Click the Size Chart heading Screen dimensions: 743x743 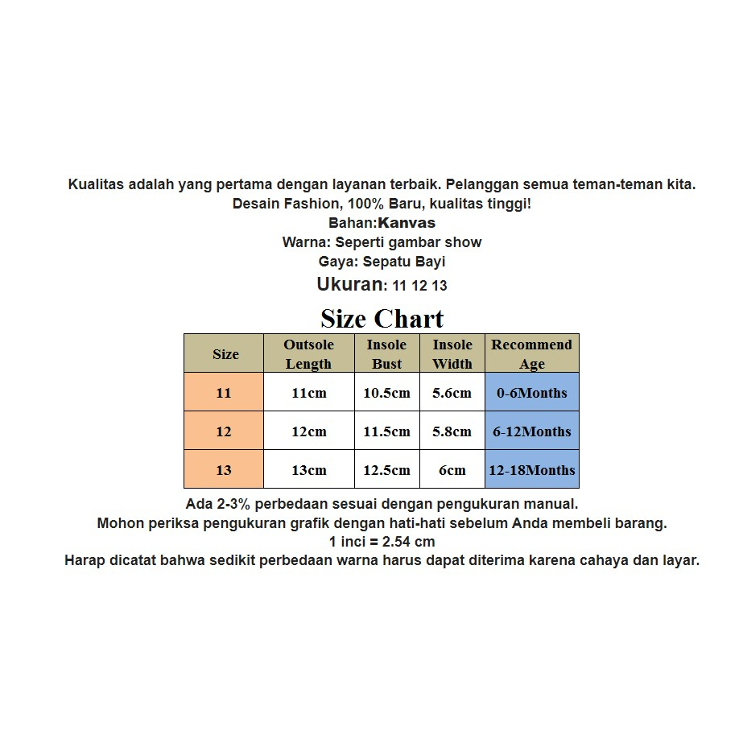(x=382, y=319)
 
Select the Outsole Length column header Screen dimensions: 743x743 (x=308, y=353)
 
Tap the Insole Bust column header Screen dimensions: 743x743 (x=386, y=353)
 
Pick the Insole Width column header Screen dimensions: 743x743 (x=452, y=353)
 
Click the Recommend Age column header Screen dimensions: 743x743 (x=531, y=353)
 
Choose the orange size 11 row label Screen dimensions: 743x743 (x=224, y=393)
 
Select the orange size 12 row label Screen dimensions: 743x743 (x=224, y=431)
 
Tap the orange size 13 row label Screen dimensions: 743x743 (x=224, y=470)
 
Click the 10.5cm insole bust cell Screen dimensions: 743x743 (x=386, y=393)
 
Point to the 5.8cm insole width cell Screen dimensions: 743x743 (x=452, y=431)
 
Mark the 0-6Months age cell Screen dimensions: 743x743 (x=531, y=393)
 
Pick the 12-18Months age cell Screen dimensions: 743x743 (x=531, y=470)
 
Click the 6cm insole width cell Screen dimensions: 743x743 (x=452, y=470)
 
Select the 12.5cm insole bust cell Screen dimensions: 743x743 (x=386, y=470)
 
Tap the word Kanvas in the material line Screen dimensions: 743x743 (x=407, y=223)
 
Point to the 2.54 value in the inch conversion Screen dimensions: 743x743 (x=398, y=542)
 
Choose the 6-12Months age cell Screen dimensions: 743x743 (x=531, y=431)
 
